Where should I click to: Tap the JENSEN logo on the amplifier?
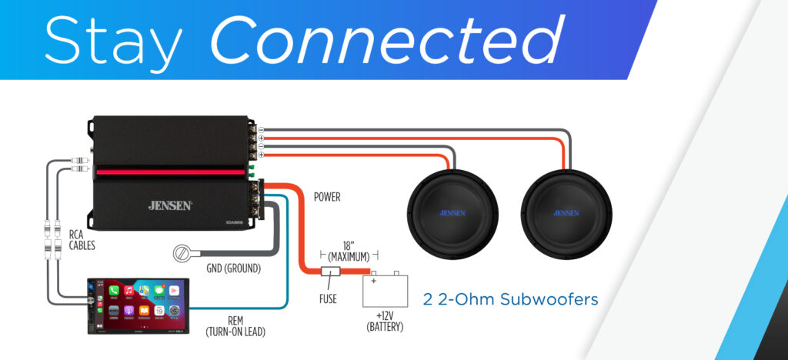[170, 205]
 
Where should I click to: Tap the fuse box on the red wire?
[330, 272]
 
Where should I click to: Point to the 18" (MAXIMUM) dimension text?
[349, 249]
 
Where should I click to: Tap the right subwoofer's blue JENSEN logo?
[566, 212]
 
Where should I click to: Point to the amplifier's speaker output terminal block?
[252, 142]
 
